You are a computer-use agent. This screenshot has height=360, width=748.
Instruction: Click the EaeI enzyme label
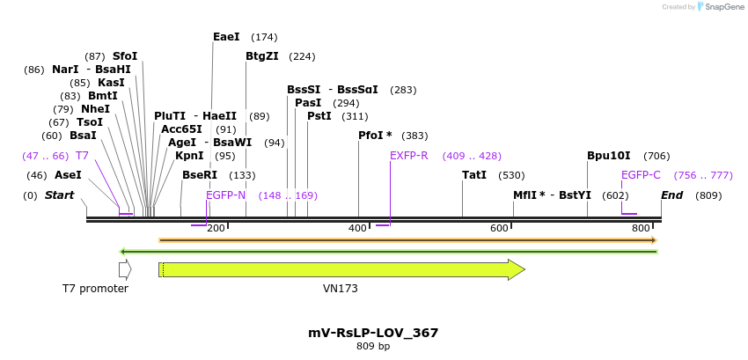(x=226, y=37)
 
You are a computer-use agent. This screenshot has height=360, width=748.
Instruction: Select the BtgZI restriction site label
(x=262, y=56)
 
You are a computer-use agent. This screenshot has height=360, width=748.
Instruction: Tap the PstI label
(x=319, y=116)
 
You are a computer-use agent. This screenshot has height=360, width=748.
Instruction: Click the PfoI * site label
(x=376, y=136)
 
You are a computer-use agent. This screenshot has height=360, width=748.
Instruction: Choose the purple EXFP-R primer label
(x=408, y=156)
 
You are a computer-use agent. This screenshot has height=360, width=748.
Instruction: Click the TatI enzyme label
(x=474, y=175)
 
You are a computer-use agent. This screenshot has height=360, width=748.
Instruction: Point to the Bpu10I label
(x=609, y=156)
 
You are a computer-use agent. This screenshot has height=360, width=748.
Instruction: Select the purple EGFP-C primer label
(x=641, y=175)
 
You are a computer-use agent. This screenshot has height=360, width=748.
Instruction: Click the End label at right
(x=672, y=195)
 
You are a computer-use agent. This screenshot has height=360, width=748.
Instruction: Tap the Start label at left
(x=60, y=195)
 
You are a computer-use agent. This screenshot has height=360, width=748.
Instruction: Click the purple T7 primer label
(x=82, y=156)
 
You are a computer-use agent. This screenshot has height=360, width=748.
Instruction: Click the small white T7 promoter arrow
(x=125, y=269)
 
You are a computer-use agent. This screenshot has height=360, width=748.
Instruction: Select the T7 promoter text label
(x=95, y=289)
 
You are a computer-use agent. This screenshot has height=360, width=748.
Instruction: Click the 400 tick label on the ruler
(x=357, y=229)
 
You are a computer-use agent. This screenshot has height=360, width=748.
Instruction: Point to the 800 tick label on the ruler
(x=641, y=229)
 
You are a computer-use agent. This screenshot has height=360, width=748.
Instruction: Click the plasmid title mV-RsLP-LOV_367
(x=373, y=333)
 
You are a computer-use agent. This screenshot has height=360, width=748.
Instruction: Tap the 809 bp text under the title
(x=373, y=347)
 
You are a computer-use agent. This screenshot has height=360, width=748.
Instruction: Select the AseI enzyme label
(x=68, y=175)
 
